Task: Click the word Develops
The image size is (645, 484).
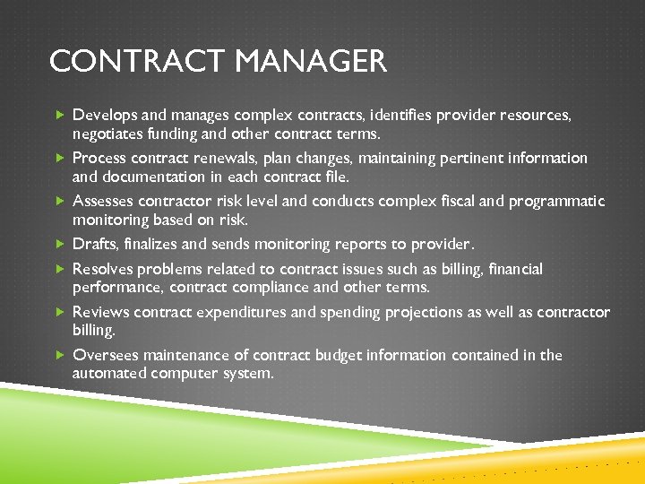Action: (x=105, y=115)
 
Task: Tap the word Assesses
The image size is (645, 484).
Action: (x=104, y=201)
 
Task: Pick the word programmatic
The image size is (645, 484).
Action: (x=556, y=201)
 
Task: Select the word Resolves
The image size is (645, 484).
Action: (x=104, y=269)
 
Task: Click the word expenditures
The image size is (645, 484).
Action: (x=242, y=312)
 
